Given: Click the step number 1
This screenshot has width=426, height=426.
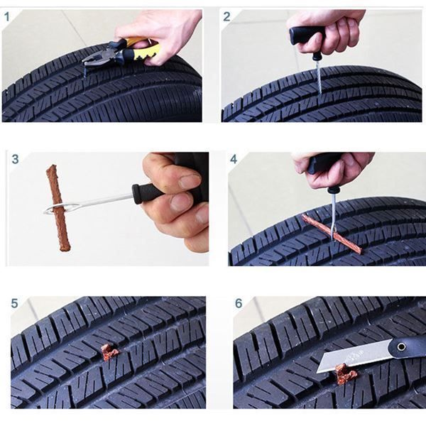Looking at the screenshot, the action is pyautogui.click(x=7, y=17).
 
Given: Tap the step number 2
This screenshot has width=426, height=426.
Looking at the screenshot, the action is pyautogui.click(x=226, y=17).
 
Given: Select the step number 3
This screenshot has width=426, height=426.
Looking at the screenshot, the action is pyautogui.click(x=15, y=159).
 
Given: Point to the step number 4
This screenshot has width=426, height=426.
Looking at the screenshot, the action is pyautogui.click(x=234, y=159).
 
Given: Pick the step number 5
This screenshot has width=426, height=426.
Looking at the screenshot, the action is pyautogui.click(x=14, y=303).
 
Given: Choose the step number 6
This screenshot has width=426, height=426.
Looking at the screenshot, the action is pyautogui.click(x=239, y=303).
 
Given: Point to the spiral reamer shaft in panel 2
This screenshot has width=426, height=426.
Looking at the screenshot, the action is pyautogui.click(x=319, y=77).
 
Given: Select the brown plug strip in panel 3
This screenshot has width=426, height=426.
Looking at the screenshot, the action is pyautogui.click(x=58, y=207).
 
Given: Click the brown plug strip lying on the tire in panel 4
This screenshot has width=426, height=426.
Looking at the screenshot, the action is pyautogui.click(x=332, y=233).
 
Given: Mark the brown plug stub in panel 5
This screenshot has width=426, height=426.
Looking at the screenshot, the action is pyautogui.click(x=109, y=351).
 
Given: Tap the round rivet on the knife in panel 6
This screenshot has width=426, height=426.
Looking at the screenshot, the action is pyautogui.click(x=401, y=346).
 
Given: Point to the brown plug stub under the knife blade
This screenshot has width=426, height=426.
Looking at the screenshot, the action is pyautogui.click(x=344, y=374).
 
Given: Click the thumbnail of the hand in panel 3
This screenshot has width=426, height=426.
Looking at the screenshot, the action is pyautogui.click(x=190, y=180).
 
